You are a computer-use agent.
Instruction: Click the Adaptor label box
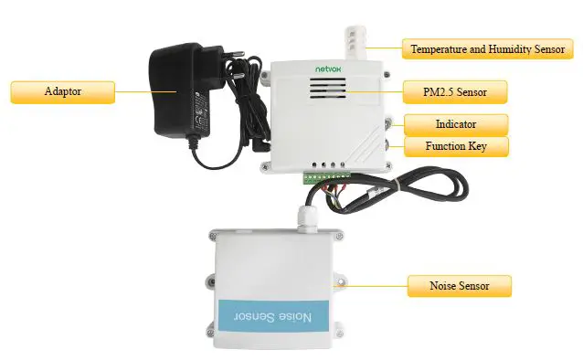(62, 91)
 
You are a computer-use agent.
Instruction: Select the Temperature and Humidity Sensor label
(488, 48)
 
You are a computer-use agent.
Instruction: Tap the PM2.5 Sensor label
(453, 91)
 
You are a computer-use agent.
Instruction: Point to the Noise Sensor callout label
(459, 286)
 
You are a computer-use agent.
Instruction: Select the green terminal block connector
(329, 174)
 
